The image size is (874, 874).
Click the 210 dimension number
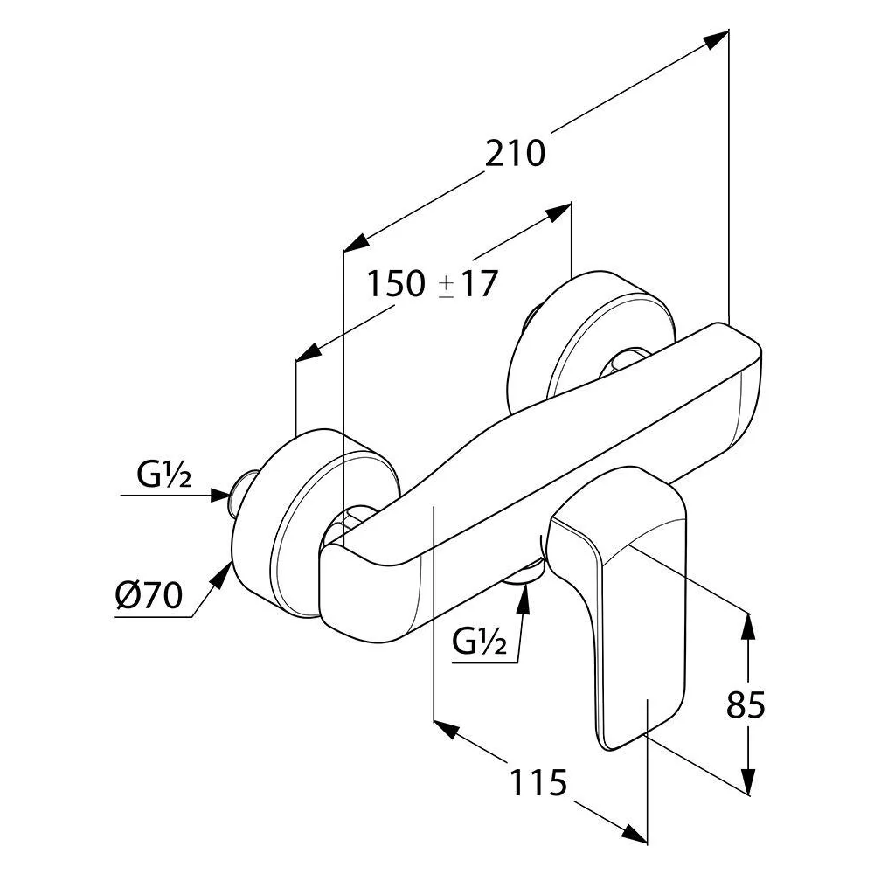(515, 153)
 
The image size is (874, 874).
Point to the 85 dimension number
(746, 704)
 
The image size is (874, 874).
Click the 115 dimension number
(538, 782)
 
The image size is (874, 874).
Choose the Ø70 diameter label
(149, 594)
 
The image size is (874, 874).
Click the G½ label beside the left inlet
(164, 475)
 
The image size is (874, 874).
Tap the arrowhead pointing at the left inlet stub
(220, 495)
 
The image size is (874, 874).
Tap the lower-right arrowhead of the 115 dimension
(635, 833)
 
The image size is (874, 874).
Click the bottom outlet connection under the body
(523, 573)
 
